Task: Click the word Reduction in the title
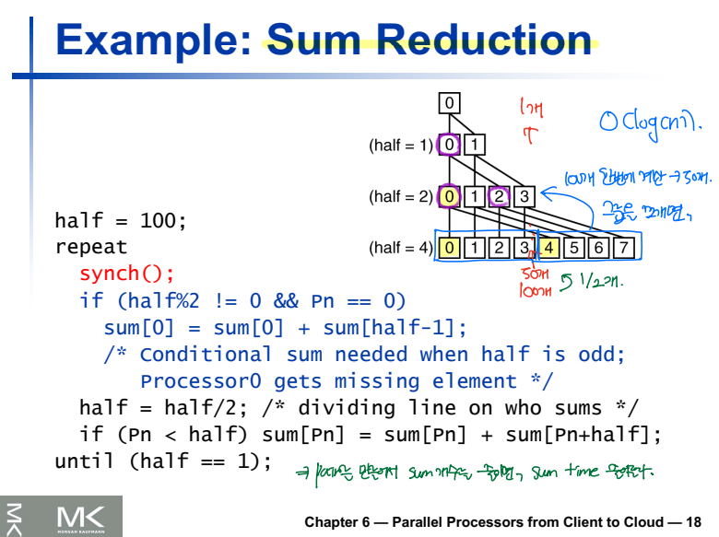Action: [x=482, y=40]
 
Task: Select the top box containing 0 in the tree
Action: [x=449, y=103]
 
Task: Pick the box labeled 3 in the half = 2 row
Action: [x=524, y=195]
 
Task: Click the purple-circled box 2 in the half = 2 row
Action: [x=499, y=195]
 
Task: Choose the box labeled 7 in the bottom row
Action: [x=623, y=247]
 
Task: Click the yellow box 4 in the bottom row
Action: [x=548, y=247]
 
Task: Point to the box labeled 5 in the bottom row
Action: [x=573, y=247]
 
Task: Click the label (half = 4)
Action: [x=400, y=248]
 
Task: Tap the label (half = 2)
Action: [x=400, y=196]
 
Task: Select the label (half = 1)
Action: [x=400, y=146]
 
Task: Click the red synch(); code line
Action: [x=126, y=274]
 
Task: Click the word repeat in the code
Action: [x=91, y=248]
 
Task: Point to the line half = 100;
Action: [x=120, y=221]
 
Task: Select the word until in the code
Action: [x=86, y=461]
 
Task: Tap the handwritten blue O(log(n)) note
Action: [x=650, y=120]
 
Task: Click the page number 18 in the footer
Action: [x=693, y=522]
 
